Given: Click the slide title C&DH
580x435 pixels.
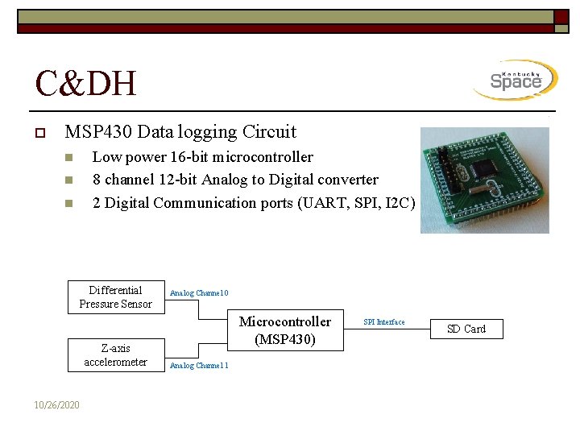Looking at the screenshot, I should click(86, 83).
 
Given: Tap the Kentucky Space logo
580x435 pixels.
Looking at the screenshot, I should click(516, 81).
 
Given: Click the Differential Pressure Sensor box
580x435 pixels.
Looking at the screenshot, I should click(116, 297).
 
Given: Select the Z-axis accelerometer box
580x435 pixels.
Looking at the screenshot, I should click(116, 355).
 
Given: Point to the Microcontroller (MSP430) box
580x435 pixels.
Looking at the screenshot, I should click(285, 330).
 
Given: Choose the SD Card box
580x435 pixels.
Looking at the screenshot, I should click(466, 329).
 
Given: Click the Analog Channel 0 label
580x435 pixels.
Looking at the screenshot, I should click(199, 293).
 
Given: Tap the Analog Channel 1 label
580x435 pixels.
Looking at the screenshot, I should click(199, 366).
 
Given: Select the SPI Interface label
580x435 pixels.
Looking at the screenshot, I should click(384, 322).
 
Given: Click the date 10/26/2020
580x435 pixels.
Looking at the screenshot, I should click(57, 404).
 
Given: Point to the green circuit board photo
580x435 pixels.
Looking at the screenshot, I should click(484, 180).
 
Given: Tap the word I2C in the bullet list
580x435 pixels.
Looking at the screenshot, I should click(400, 202).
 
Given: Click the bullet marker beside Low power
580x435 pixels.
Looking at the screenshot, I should click(69, 157).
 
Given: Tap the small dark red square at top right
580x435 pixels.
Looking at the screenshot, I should click(561, 18).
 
